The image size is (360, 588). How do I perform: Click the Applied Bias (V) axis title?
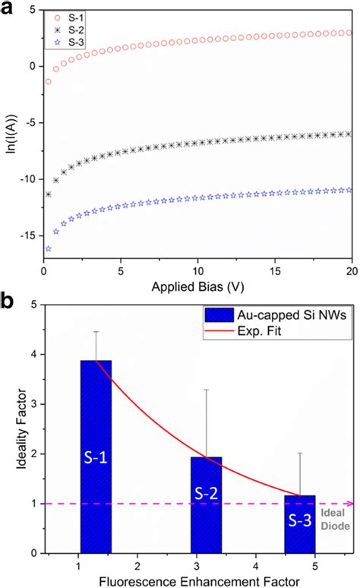pos(197,289)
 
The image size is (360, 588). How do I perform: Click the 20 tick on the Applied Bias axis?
pos(351,271)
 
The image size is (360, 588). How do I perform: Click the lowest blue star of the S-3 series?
pos(49,248)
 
